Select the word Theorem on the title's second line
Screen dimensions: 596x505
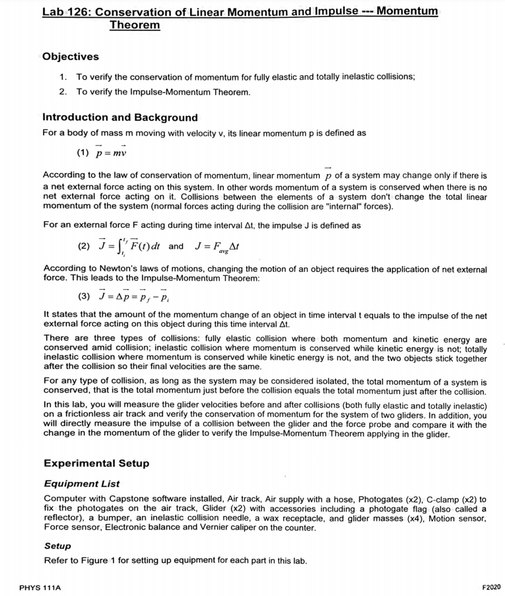[x=135, y=25]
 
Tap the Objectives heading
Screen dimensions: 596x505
[x=71, y=57]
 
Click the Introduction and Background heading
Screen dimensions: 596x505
[x=119, y=117]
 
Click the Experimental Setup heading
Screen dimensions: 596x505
[x=96, y=463]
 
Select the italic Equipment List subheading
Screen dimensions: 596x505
[x=82, y=484]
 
